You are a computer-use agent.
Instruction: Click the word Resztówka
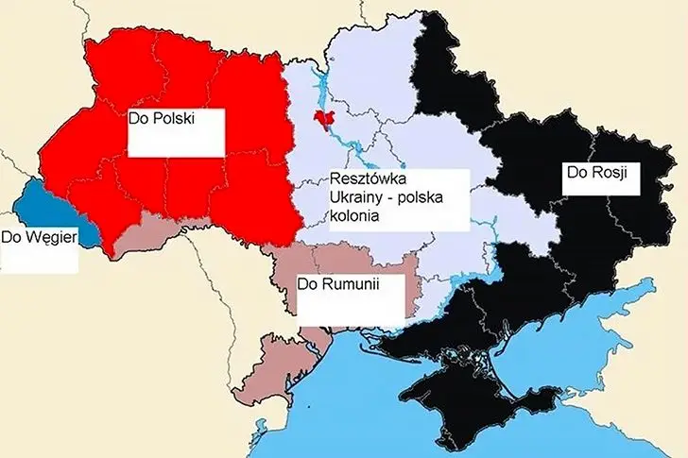[366, 178]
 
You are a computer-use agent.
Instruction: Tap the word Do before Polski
[139, 122]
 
